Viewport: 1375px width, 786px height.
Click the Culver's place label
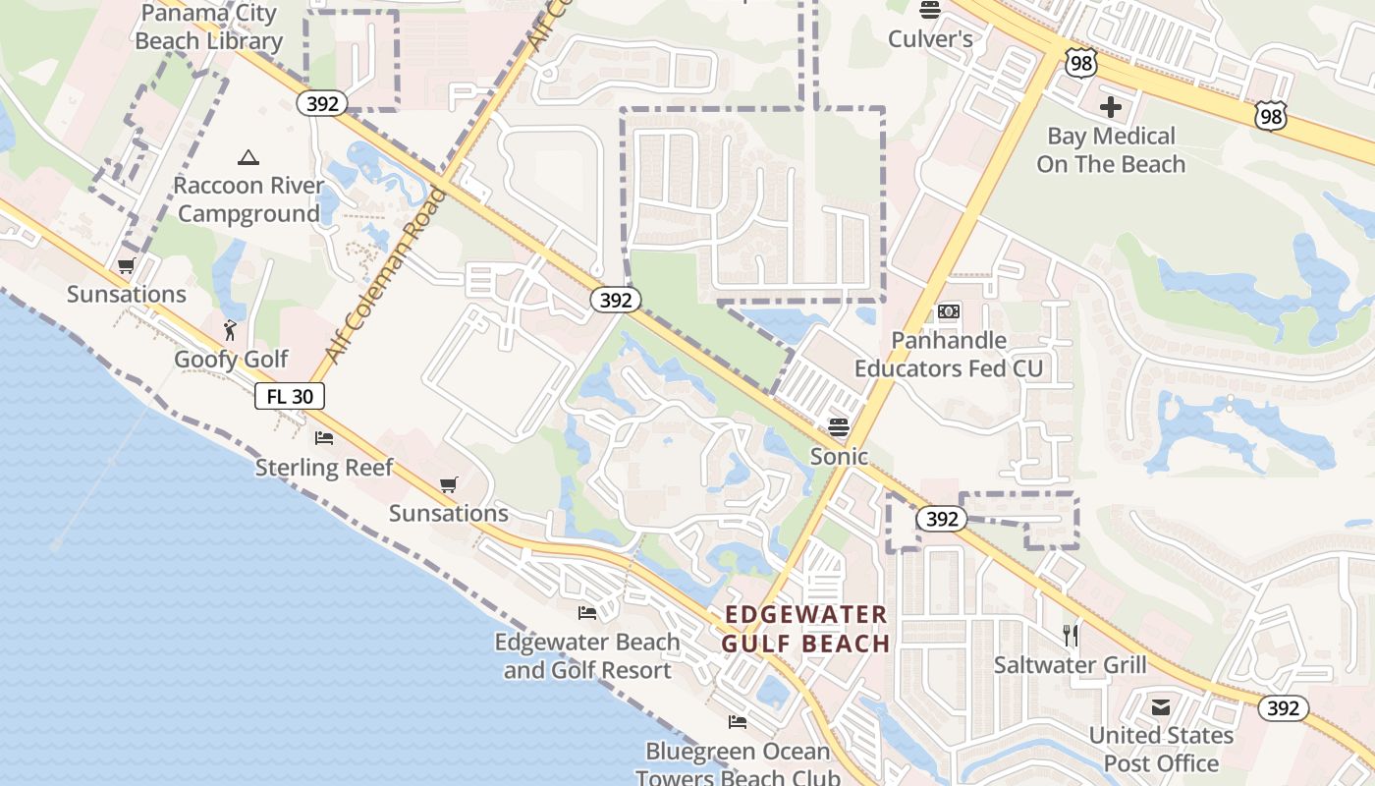[930, 39]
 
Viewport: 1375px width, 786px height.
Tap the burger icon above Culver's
[929, 10]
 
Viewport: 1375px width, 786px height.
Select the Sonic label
[839, 456]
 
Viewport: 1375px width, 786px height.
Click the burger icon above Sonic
[838, 427]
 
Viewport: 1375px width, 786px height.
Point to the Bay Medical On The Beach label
[1111, 149]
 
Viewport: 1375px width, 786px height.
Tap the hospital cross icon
[1111, 106]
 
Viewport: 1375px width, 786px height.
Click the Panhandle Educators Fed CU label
[949, 355]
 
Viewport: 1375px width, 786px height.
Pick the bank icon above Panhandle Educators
[948, 311]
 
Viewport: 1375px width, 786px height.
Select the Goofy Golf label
[231, 360]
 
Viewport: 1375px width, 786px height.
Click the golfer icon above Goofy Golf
[231, 330]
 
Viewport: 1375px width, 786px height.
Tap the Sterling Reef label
[324, 467]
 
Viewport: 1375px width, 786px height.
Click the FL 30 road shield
[290, 396]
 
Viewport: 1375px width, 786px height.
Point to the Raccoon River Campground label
[248, 199]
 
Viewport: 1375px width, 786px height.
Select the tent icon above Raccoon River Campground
[248, 157]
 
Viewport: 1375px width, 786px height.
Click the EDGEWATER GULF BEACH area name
[806, 629]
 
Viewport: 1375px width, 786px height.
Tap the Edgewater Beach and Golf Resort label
[587, 656]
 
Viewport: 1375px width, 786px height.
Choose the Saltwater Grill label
[1071, 665]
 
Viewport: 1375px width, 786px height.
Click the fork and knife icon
[1071, 636]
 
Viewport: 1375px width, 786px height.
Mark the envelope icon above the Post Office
[1161, 706]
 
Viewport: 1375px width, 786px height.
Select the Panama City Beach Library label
[208, 28]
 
